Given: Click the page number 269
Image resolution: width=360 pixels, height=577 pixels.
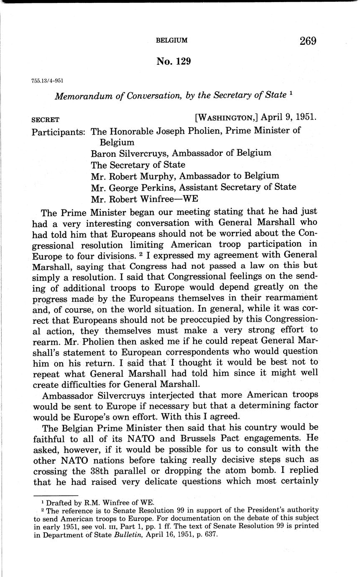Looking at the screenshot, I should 308,41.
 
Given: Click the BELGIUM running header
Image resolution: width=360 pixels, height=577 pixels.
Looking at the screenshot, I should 171,41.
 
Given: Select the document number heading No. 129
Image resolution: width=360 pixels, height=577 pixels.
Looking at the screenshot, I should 174,61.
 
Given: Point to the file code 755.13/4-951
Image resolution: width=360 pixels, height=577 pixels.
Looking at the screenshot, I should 44,80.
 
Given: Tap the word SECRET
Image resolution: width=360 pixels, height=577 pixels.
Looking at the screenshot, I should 46,120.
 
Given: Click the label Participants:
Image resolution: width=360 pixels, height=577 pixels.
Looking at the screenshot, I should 59,131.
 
